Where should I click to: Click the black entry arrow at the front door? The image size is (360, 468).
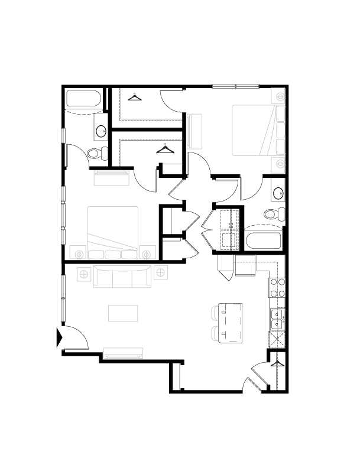tap(59, 337)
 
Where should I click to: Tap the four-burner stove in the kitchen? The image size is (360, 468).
tap(277, 288)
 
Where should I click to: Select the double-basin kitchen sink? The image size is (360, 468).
tap(277, 320)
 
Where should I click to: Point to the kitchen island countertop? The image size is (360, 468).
tap(230, 323)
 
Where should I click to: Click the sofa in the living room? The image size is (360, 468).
tap(122, 276)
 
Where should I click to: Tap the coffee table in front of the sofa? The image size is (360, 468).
tap(123, 313)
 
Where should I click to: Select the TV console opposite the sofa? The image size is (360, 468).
tap(123, 353)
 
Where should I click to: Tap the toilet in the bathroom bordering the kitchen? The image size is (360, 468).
tap(274, 214)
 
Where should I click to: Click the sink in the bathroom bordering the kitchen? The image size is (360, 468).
tap(278, 191)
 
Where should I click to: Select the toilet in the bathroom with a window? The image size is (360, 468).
tap(96, 154)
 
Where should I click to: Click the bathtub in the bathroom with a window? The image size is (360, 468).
tap(84, 98)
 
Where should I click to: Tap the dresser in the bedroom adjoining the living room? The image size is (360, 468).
tap(112, 177)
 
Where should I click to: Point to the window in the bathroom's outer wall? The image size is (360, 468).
tap(63, 135)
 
